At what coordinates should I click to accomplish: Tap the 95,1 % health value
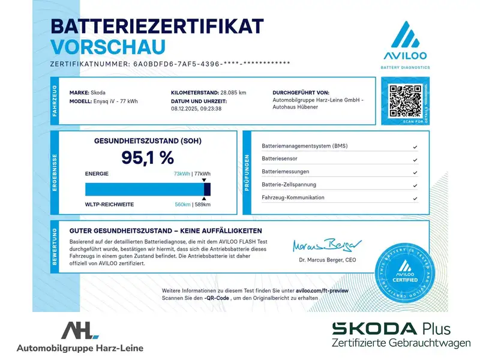[x=148, y=157]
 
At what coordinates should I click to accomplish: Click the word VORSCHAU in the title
[x=108, y=46]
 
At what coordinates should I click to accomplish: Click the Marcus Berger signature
[x=327, y=245]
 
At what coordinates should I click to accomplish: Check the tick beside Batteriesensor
[x=415, y=160]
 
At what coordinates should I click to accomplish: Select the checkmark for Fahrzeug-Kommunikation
[x=415, y=198]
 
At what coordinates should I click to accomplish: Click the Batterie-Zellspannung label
[x=289, y=185]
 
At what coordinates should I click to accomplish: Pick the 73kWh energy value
[x=182, y=173]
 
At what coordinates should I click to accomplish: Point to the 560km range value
[x=182, y=205]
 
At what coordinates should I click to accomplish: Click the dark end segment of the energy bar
[x=207, y=189]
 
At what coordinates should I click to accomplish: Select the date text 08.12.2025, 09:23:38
[x=196, y=109]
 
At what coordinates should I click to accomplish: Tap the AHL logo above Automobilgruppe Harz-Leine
[x=80, y=331]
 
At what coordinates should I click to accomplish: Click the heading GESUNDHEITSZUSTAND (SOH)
[x=148, y=141]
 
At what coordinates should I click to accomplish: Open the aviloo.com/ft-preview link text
[x=322, y=290]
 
